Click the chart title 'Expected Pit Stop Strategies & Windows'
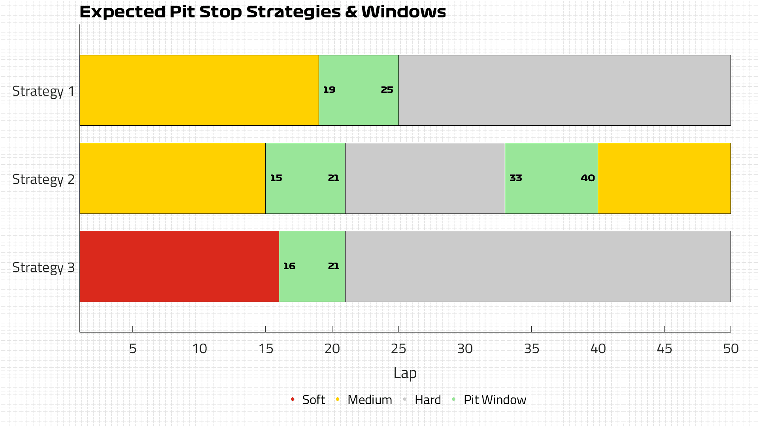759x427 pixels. click(262, 12)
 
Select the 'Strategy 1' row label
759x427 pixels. click(43, 91)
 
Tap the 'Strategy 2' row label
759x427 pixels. click(43, 179)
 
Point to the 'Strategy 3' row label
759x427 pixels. click(43, 268)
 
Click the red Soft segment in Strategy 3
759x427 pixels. click(179, 266)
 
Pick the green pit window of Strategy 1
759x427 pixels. click(359, 90)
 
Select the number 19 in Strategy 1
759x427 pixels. click(329, 90)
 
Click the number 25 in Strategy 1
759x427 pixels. click(387, 90)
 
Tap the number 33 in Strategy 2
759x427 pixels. click(516, 178)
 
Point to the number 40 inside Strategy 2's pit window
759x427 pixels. click(588, 178)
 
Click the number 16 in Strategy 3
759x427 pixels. click(289, 266)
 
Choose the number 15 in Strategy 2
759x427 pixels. click(276, 178)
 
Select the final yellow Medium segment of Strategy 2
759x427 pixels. click(664, 178)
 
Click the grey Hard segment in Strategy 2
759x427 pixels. click(425, 178)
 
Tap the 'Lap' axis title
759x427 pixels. click(405, 373)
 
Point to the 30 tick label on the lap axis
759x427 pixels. click(465, 349)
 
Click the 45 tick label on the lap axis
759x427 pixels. click(664, 349)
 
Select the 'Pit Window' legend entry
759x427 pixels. click(489, 400)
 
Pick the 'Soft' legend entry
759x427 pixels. click(308, 400)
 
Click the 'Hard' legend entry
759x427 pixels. click(422, 400)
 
